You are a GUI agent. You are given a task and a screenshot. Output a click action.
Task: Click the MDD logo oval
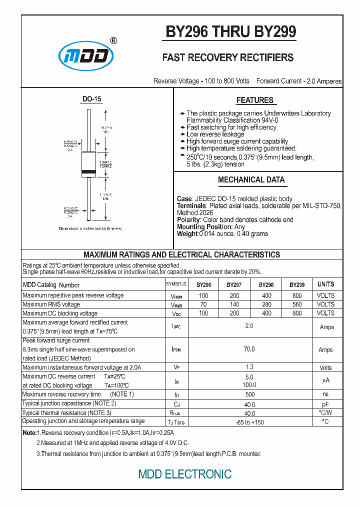[86, 56]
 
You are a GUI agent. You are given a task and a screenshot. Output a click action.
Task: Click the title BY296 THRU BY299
[231, 32]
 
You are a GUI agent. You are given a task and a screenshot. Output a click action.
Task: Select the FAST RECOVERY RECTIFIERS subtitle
[228, 58]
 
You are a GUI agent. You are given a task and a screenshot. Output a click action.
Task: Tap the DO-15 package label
[91, 99]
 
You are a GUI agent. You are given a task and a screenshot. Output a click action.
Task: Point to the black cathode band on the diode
[88, 172]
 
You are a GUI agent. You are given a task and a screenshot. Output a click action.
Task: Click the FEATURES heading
[254, 100]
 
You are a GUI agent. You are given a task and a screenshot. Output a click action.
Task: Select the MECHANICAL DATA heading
[251, 180]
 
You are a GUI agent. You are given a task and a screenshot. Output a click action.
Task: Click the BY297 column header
[234, 284]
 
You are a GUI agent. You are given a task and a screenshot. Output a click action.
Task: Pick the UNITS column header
[325, 284]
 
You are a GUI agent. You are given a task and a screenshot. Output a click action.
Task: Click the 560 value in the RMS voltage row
[297, 304]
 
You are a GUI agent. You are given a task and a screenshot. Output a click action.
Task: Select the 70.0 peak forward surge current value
[249, 349]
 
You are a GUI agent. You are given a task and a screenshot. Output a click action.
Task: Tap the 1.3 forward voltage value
[249, 367]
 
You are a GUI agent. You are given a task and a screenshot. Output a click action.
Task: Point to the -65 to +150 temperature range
[249, 422]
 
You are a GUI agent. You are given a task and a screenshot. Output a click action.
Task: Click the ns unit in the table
[325, 394]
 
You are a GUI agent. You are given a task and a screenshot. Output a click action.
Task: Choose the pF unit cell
[325, 404]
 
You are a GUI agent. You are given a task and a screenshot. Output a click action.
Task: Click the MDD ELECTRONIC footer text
[185, 474]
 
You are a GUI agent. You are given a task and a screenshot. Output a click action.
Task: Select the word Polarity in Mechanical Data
[188, 219]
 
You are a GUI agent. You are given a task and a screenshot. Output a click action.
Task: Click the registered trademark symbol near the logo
[113, 40]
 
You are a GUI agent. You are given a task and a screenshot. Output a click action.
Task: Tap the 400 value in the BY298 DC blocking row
[266, 313]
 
